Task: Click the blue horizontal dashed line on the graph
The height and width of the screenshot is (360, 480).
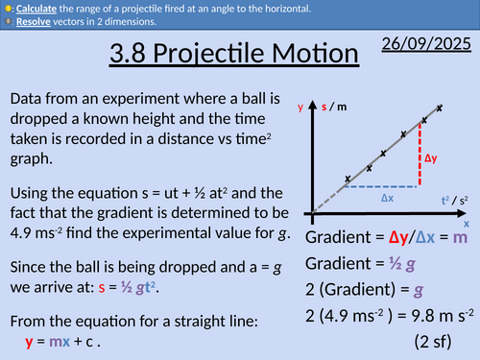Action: tap(383, 185)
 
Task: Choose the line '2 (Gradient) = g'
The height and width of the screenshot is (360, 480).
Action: tap(368, 288)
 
